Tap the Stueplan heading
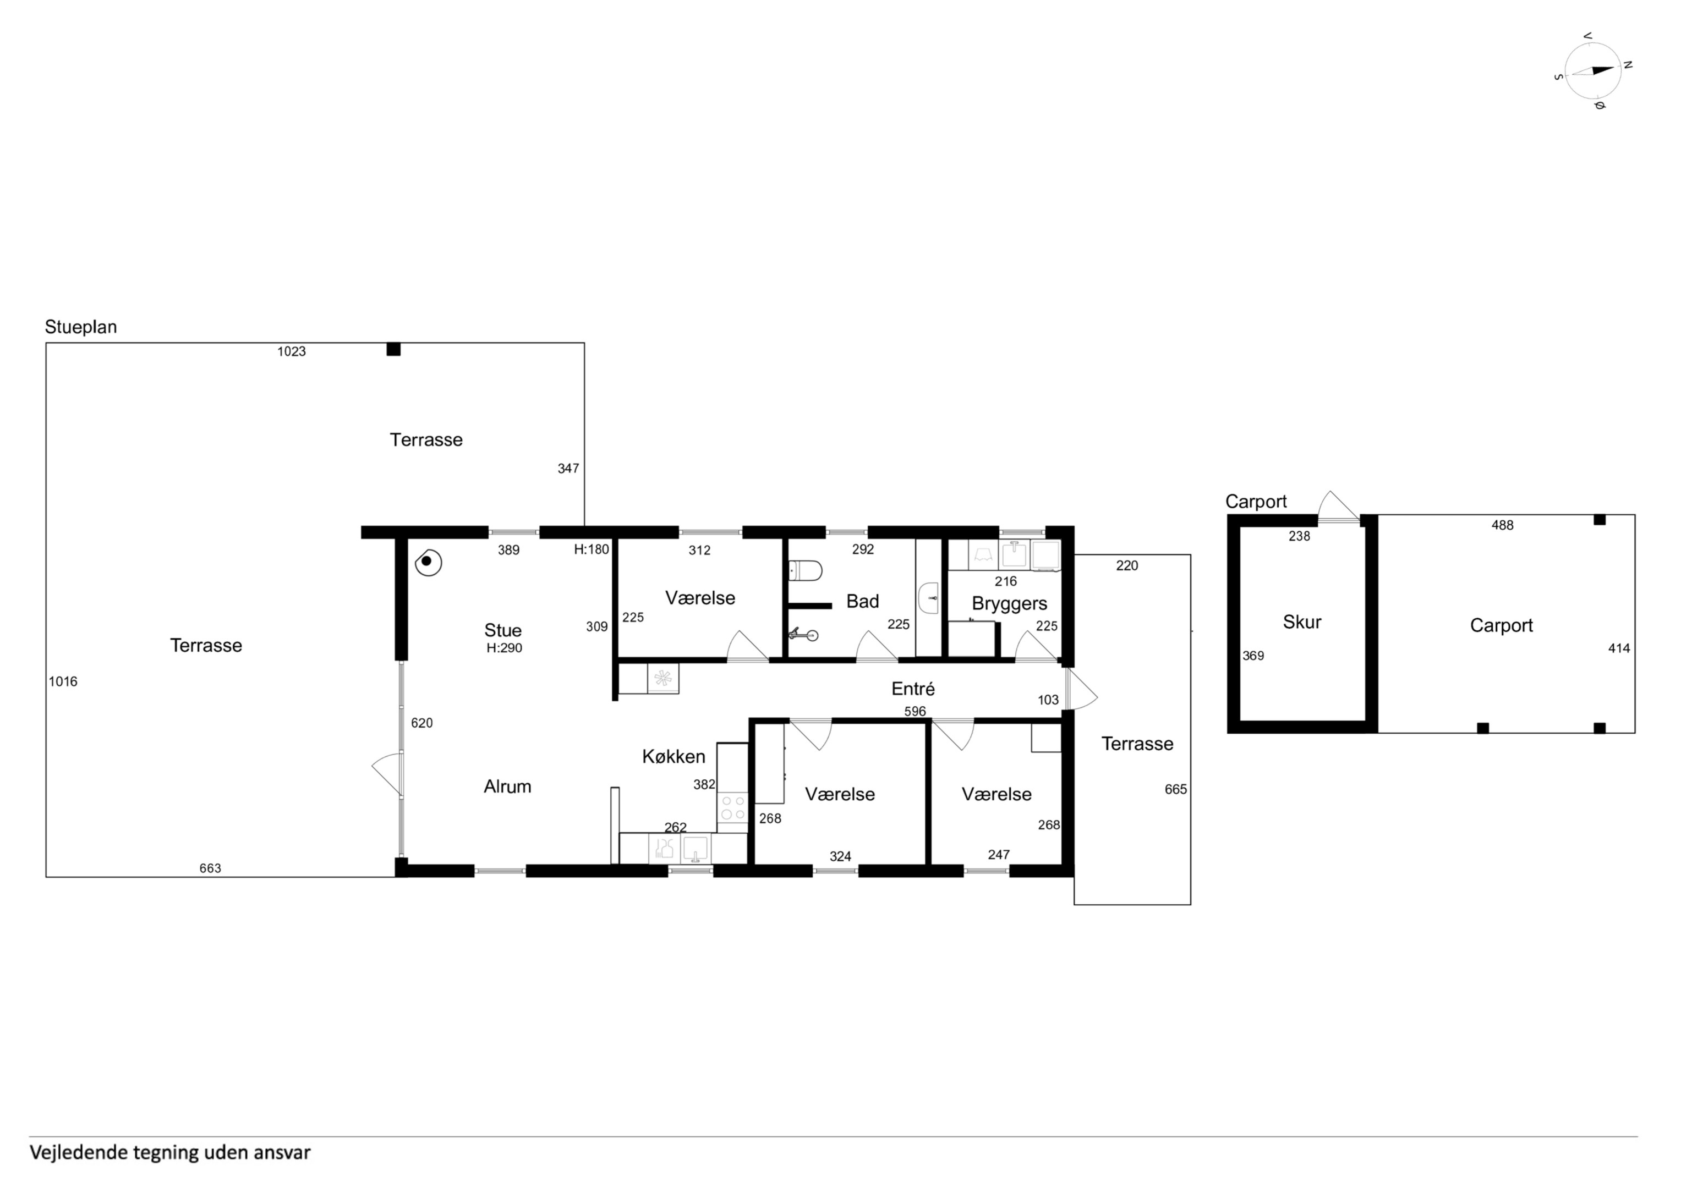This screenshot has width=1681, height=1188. [x=80, y=327]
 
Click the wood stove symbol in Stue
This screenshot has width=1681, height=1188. [x=428, y=563]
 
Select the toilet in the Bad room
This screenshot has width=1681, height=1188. [x=806, y=570]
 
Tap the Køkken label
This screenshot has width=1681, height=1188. [x=674, y=756]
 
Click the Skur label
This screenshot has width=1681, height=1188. [x=1302, y=622]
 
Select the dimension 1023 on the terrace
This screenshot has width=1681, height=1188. [x=292, y=351]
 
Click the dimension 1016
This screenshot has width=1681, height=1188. [x=63, y=681]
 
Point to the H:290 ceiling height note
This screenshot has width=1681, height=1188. [x=505, y=648]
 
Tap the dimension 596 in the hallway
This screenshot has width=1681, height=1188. [x=915, y=712]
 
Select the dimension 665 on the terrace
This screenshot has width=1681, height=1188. [x=1176, y=789]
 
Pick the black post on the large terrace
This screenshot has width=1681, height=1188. [x=393, y=349]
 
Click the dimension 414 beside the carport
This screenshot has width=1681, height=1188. [x=1619, y=648]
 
